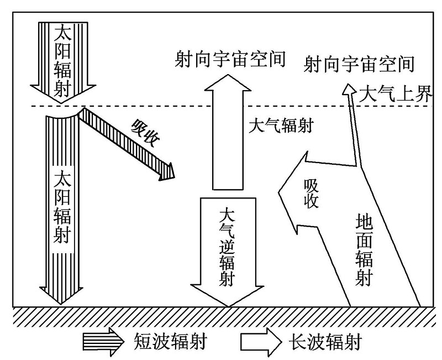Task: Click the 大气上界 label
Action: click(396, 93)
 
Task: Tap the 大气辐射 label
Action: click(281, 126)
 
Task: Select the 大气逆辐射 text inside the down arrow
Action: click(227, 247)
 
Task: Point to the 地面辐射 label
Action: click(364, 249)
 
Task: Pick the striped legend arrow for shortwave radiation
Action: click(103, 341)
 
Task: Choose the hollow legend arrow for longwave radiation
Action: click(261, 342)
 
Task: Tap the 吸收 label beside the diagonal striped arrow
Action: click(145, 133)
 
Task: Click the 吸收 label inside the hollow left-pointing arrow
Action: click(311, 194)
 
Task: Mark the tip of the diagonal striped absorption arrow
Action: click(175, 178)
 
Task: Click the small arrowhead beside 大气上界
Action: click(349, 89)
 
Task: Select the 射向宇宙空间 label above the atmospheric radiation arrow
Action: click(230, 59)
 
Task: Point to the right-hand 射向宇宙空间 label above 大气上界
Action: click(359, 64)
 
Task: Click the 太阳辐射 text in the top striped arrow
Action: click(62, 59)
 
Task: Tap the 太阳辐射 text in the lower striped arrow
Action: click(62, 206)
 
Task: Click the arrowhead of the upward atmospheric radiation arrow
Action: click(228, 82)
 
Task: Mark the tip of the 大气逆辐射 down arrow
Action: click(228, 306)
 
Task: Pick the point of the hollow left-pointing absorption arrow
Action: click(279, 192)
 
